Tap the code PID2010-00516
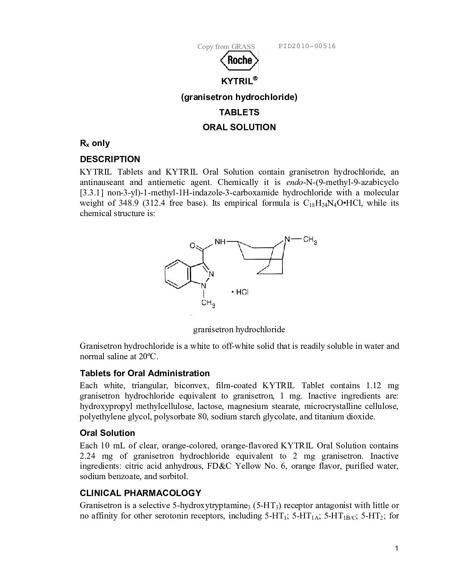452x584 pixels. tap(307, 46)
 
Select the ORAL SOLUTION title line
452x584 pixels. tap(239, 127)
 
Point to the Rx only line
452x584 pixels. tap(95, 144)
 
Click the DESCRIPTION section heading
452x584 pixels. tap(110, 159)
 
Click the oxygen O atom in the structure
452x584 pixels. tap(192, 246)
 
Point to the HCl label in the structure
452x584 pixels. tap(241, 292)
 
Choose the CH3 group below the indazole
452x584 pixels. tap(208, 303)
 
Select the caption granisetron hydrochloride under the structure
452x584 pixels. tap(239, 330)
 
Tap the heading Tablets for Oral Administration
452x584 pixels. tap(145, 373)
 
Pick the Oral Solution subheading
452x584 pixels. tap(107, 433)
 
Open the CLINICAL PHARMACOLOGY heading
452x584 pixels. tap(140, 493)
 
